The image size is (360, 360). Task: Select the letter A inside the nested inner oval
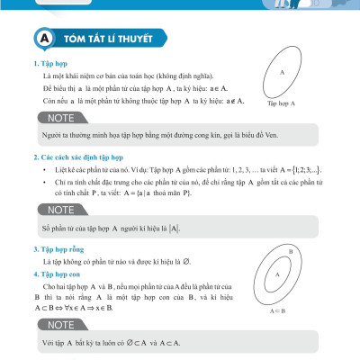tap(278, 274)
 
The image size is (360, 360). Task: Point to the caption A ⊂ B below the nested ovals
tap(277, 311)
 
